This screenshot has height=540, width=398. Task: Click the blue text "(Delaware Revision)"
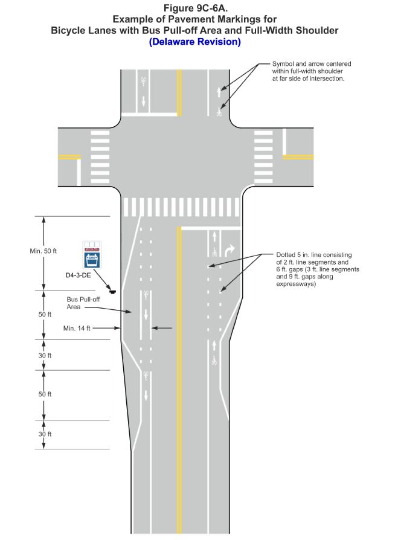point(194,42)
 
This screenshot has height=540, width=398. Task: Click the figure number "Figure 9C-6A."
point(195,8)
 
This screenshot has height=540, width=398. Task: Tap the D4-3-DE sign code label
point(92,275)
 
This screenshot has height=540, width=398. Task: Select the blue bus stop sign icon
point(92,255)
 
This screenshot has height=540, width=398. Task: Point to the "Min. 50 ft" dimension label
point(43,251)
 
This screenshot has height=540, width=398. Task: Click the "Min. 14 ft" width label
point(77,329)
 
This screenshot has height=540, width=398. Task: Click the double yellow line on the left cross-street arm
point(69,157)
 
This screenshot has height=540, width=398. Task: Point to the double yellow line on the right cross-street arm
point(298,157)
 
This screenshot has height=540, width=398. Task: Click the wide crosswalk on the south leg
point(181,207)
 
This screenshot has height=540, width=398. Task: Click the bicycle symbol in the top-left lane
point(144,80)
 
